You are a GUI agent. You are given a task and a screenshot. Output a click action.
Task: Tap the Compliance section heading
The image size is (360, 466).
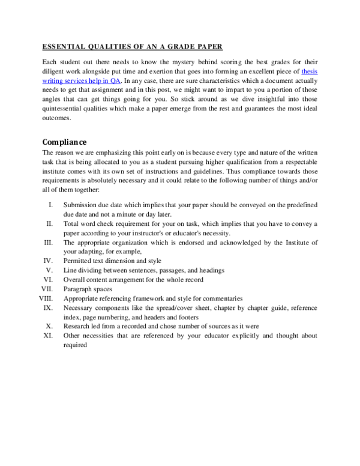pos(64,142)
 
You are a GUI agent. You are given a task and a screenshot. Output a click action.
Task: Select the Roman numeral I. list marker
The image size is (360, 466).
pos(52,205)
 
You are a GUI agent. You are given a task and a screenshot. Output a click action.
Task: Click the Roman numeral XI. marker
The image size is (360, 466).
pos(49,335)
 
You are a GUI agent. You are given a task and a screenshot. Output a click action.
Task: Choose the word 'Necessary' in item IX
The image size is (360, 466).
pos(79,307)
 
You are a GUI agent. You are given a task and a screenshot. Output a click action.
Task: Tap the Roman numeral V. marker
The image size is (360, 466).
pos(50,270)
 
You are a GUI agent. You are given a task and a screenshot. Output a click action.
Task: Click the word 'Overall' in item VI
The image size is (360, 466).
pos(75,279)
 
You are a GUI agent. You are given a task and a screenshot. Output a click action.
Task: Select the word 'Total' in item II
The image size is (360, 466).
pos(72,223)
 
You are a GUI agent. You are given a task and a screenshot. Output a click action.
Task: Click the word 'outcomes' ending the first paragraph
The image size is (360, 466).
pos(57,118)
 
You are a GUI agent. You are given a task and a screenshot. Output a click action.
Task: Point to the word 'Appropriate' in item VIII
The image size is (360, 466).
pos(82,298)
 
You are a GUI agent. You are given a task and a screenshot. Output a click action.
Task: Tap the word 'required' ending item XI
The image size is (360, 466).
pos(75,345)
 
